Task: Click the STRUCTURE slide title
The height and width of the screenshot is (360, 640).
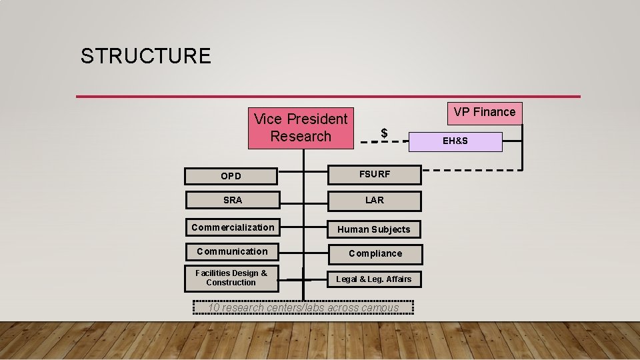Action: tap(145, 56)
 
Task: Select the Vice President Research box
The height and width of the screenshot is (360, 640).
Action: tap(301, 128)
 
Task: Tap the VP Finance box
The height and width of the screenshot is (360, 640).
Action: tap(485, 112)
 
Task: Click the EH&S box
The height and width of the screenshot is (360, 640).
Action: tap(456, 141)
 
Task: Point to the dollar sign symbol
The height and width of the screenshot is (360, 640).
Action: tap(384, 133)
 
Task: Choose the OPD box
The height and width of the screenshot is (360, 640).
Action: tap(231, 176)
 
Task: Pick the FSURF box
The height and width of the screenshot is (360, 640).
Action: tap(375, 175)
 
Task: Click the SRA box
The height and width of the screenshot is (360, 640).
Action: tap(233, 200)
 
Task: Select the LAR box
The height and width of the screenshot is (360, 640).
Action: tap(375, 201)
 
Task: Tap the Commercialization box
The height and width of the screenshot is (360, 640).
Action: tap(232, 227)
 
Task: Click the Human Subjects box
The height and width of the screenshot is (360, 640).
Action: tap(374, 229)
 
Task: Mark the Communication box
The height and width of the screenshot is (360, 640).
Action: tap(232, 251)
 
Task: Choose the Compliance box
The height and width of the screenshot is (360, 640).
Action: tap(375, 253)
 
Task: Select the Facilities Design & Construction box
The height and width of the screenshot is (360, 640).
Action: tap(231, 278)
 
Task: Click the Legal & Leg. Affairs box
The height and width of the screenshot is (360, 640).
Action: tap(374, 279)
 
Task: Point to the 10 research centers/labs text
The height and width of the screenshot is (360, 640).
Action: tap(303, 307)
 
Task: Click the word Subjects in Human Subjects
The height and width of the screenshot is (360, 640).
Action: tap(391, 229)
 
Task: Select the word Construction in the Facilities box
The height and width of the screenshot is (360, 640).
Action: tap(231, 283)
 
